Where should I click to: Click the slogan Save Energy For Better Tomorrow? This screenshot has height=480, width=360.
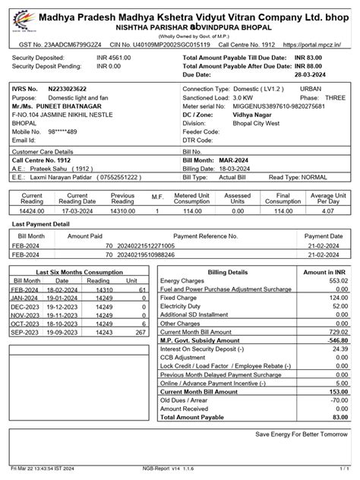302,435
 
